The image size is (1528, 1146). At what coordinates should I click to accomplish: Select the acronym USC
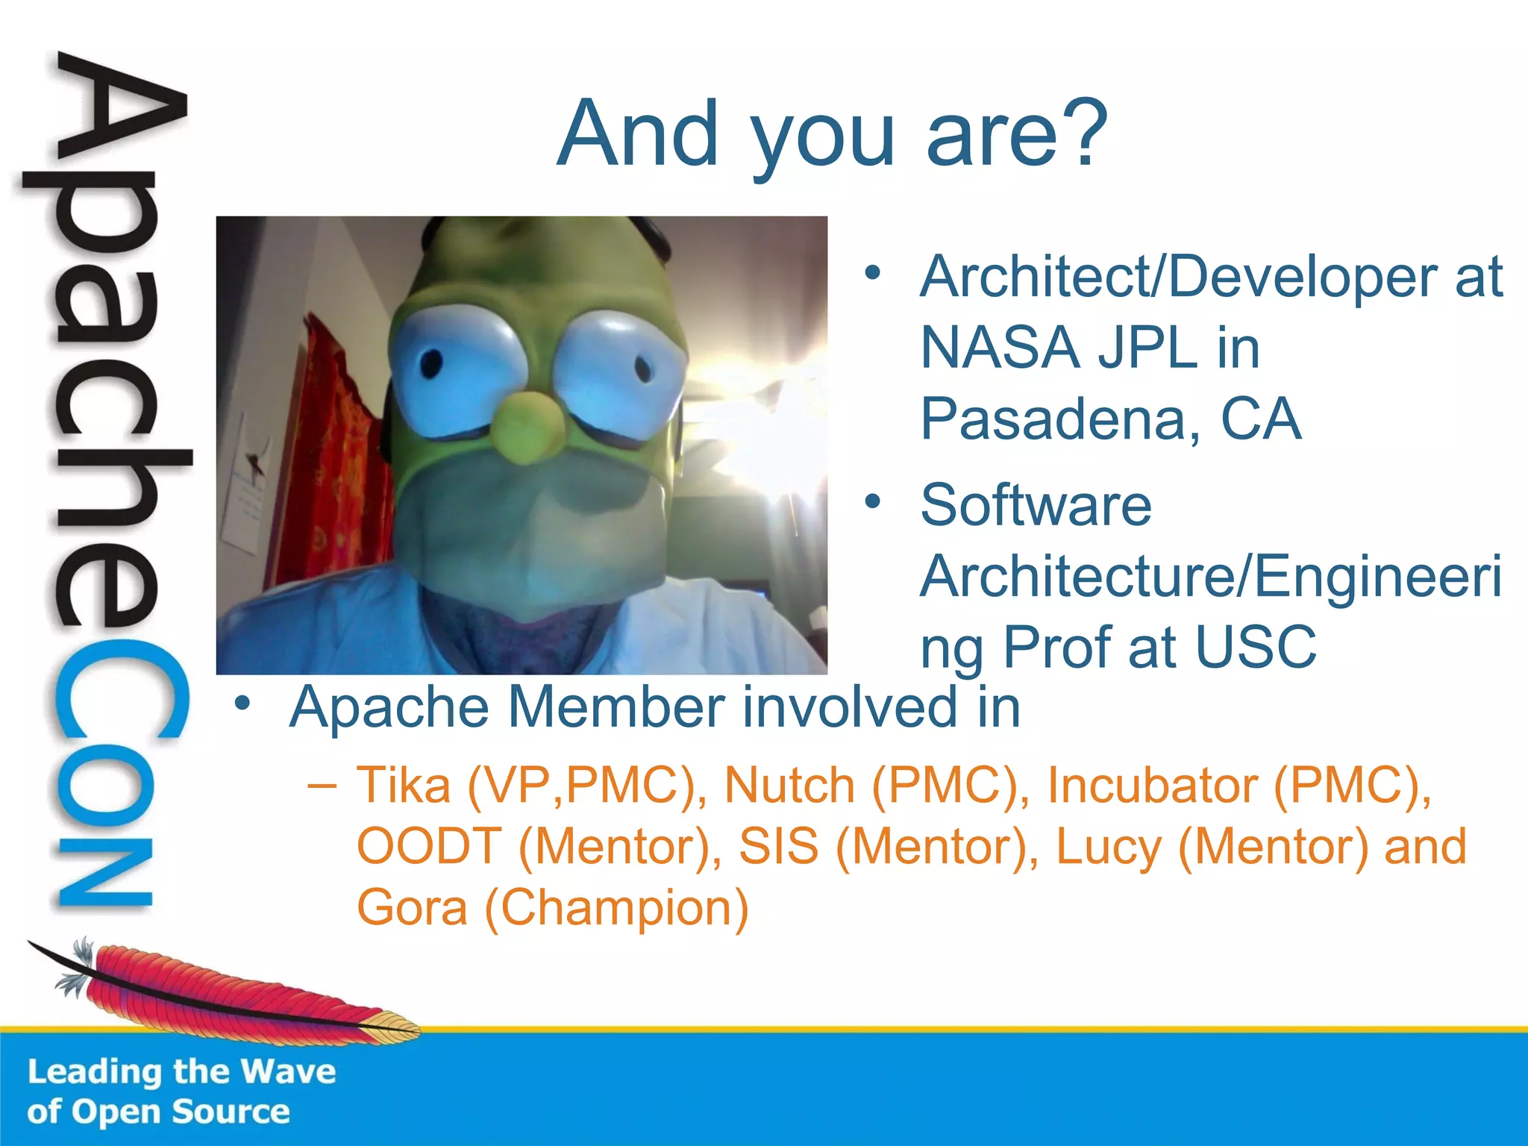1256,647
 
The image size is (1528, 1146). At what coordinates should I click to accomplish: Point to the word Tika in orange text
404,786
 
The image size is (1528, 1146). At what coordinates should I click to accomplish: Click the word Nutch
789,786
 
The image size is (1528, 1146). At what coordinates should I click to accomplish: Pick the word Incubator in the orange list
1152,786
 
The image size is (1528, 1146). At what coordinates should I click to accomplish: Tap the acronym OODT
429,846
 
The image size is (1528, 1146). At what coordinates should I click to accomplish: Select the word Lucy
1109,848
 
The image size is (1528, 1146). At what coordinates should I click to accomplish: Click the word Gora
412,907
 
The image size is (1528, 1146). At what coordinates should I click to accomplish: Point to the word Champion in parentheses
616,909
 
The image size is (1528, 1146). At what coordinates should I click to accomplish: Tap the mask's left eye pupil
431,364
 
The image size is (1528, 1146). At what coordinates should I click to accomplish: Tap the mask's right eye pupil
642,367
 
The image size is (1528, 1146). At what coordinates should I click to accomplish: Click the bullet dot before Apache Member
241,704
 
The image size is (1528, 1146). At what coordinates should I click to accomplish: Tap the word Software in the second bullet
1036,505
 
